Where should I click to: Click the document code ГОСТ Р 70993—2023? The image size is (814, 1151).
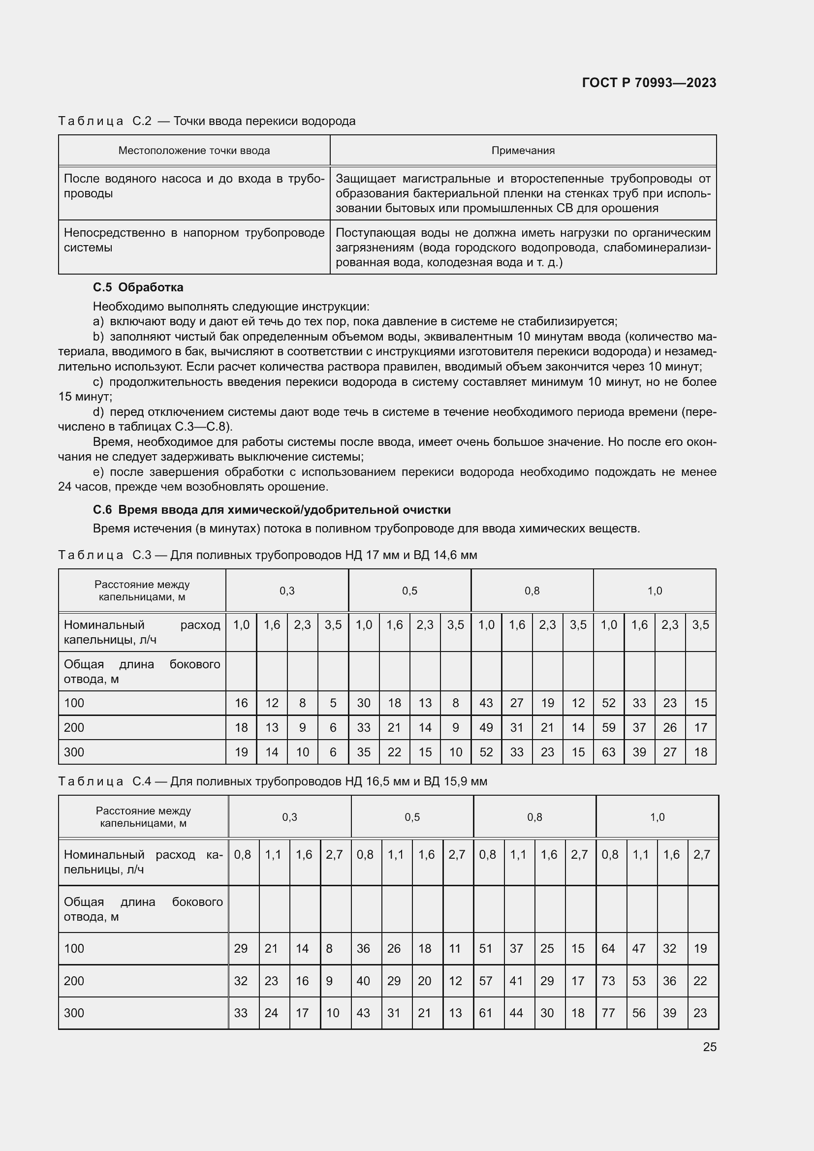tap(649, 83)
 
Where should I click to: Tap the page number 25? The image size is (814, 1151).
tap(709, 1047)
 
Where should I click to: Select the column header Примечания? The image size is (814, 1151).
tap(523, 151)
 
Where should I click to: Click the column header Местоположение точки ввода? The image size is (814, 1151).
tap(194, 151)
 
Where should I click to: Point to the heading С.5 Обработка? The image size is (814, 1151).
tap(138, 287)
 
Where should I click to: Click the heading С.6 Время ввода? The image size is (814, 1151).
tap(272, 510)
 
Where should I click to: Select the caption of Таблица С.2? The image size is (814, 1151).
tap(207, 121)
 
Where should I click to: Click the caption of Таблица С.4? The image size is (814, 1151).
tap(272, 781)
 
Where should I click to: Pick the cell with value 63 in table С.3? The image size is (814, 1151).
tap(608, 752)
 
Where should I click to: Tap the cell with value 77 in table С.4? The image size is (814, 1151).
tap(608, 1013)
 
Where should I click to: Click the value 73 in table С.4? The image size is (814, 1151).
tap(608, 981)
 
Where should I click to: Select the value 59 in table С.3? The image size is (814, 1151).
tap(608, 727)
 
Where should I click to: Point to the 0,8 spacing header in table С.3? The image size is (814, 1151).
tap(532, 591)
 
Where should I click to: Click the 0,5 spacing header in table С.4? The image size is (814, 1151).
tap(412, 817)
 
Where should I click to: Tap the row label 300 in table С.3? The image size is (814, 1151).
tap(74, 752)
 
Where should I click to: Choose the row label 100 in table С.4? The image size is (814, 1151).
tap(74, 948)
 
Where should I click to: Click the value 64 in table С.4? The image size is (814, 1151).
tap(608, 948)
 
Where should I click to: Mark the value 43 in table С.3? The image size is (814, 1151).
tap(486, 703)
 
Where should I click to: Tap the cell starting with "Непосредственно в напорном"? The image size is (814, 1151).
tap(193, 240)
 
